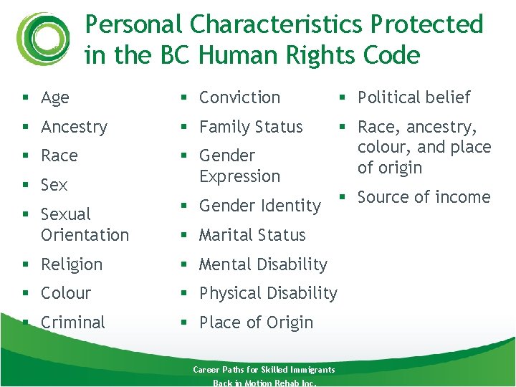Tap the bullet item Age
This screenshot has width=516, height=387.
tap(55, 98)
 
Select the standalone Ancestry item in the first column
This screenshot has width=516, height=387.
tap(74, 128)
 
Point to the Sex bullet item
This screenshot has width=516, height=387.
tap(54, 185)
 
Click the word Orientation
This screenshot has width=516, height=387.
tap(85, 235)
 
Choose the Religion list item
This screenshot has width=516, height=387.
tap(72, 264)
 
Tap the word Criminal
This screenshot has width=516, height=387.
tap(73, 322)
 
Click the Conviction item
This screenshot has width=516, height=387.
tap(239, 97)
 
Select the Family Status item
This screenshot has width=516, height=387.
tap(251, 128)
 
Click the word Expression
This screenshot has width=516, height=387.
tap(239, 176)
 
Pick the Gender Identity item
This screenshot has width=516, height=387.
tap(259, 206)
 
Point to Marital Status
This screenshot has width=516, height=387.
tap(252, 235)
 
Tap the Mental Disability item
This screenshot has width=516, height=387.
tap(263, 264)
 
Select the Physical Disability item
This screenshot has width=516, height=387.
tap(268, 293)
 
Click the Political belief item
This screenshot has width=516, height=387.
tap(414, 97)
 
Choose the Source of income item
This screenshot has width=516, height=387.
tap(424, 197)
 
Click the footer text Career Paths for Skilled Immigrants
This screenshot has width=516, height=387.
tap(264, 370)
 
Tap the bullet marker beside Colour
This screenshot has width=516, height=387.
tap(26, 294)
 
